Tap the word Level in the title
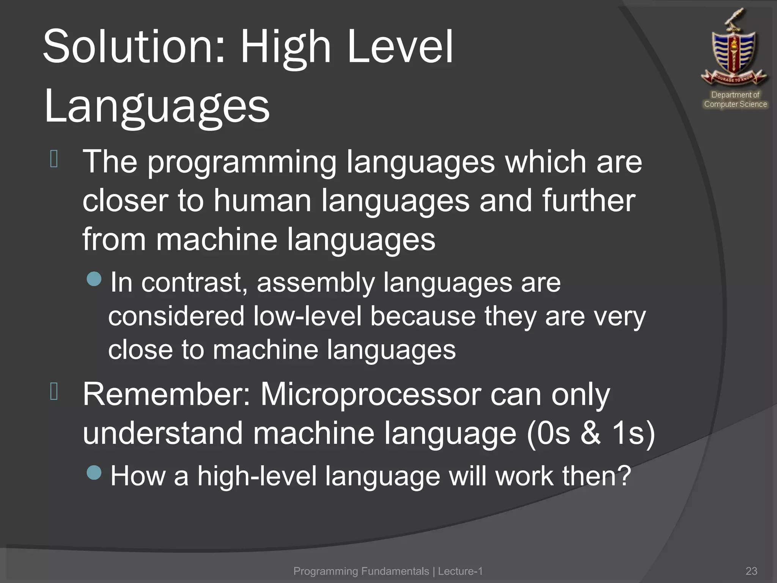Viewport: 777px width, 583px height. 400,47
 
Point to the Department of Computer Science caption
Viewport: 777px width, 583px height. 735,99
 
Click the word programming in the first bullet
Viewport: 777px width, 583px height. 242,163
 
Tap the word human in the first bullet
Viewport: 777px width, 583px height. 262,201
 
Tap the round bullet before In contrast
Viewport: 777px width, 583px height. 94,279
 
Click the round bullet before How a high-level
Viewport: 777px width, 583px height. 94,473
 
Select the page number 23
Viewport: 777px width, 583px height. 751,571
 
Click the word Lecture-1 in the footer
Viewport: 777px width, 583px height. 460,571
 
